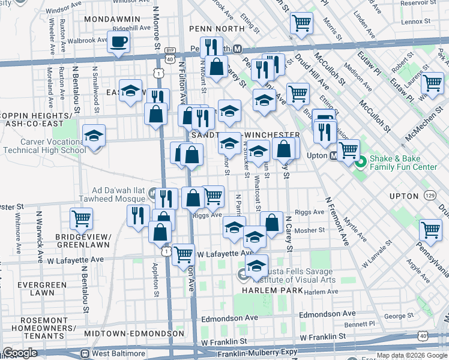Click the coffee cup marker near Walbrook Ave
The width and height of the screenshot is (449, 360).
(118, 43)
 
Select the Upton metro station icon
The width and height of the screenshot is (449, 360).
(334, 156)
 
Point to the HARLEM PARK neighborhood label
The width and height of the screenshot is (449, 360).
(267, 290)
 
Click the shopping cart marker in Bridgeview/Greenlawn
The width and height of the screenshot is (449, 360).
(81, 219)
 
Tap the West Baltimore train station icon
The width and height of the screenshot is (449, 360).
(85, 353)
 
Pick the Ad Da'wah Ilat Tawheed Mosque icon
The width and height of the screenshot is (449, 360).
(152, 193)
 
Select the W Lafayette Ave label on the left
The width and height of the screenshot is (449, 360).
(76, 260)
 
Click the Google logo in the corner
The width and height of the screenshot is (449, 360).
(20, 353)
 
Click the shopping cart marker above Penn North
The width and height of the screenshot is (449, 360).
(301, 24)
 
